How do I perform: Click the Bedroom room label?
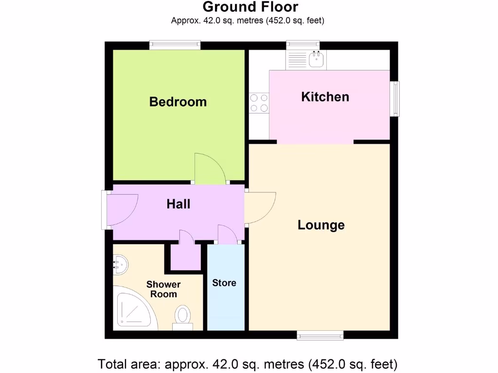pos(178,102)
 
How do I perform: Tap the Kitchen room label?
pos(325,97)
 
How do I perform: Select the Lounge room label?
pos(321,225)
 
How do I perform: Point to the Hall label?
pos(178,204)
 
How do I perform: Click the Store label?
pos(224,283)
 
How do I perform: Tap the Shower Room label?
pos(163,289)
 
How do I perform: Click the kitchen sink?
pos(316,60)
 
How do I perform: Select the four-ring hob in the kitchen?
pos(259,102)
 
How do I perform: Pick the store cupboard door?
pos(226,234)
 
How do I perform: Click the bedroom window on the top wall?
pos(175,45)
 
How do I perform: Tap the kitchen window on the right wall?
pos(396,99)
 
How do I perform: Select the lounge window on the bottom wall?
pos(320,335)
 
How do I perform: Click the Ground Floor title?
pos(250,7)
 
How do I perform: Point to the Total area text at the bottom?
pos(248,363)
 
